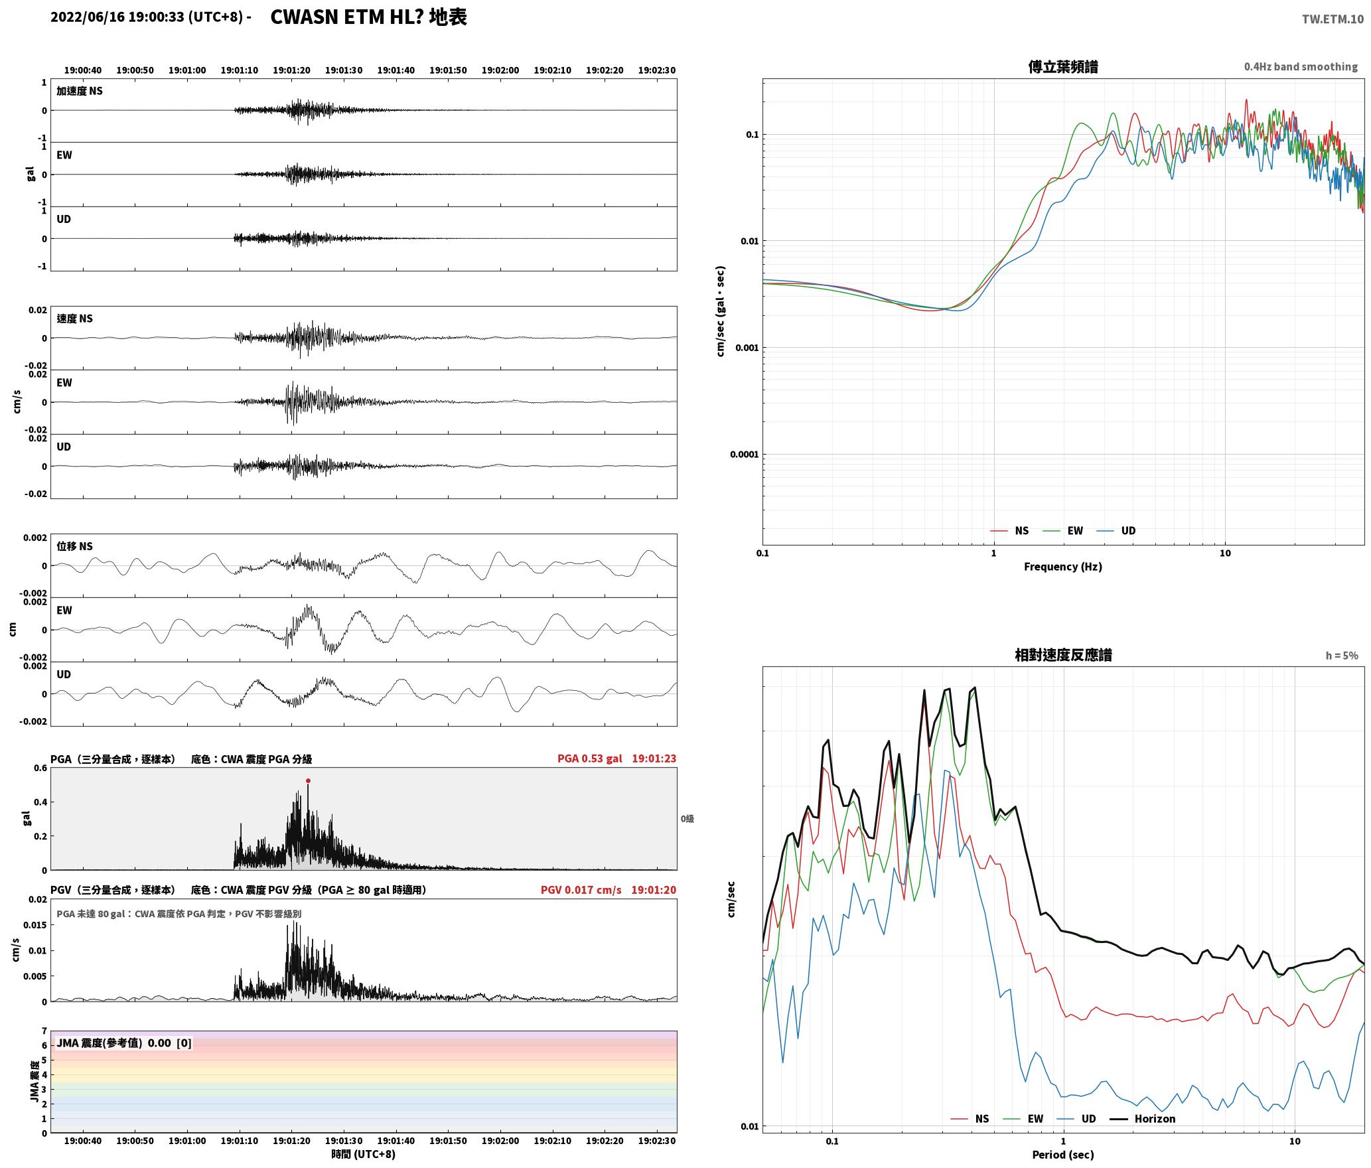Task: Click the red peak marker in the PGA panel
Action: pyautogui.click(x=308, y=780)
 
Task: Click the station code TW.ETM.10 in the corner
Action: pyautogui.click(x=1333, y=19)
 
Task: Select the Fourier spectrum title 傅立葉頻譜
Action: pyautogui.click(x=1063, y=67)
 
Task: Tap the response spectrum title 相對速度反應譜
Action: pyautogui.click(x=1063, y=655)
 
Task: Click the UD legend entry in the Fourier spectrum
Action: pyautogui.click(x=1116, y=530)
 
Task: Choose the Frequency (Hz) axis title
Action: pyautogui.click(x=1063, y=566)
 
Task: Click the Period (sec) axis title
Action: pyautogui.click(x=1063, y=1155)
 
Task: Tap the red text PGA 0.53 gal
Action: pyautogui.click(x=590, y=759)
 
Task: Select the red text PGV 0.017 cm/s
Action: pyautogui.click(x=581, y=890)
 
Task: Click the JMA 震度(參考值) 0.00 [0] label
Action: pyautogui.click(x=124, y=1043)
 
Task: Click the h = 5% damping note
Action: pyautogui.click(x=1342, y=656)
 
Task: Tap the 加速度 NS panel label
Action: pyautogui.click(x=80, y=91)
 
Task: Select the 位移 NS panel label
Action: pyautogui.click(x=74, y=546)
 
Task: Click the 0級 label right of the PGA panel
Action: pyautogui.click(x=687, y=819)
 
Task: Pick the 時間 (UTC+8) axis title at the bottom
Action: pyautogui.click(x=363, y=1154)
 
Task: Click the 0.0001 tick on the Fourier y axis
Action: pyautogui.click(x=744, y=455)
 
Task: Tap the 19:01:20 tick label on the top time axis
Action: pyautogui.click(x=291, y=70)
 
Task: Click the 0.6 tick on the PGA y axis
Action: pyautogui.click(x=40, y=768)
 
